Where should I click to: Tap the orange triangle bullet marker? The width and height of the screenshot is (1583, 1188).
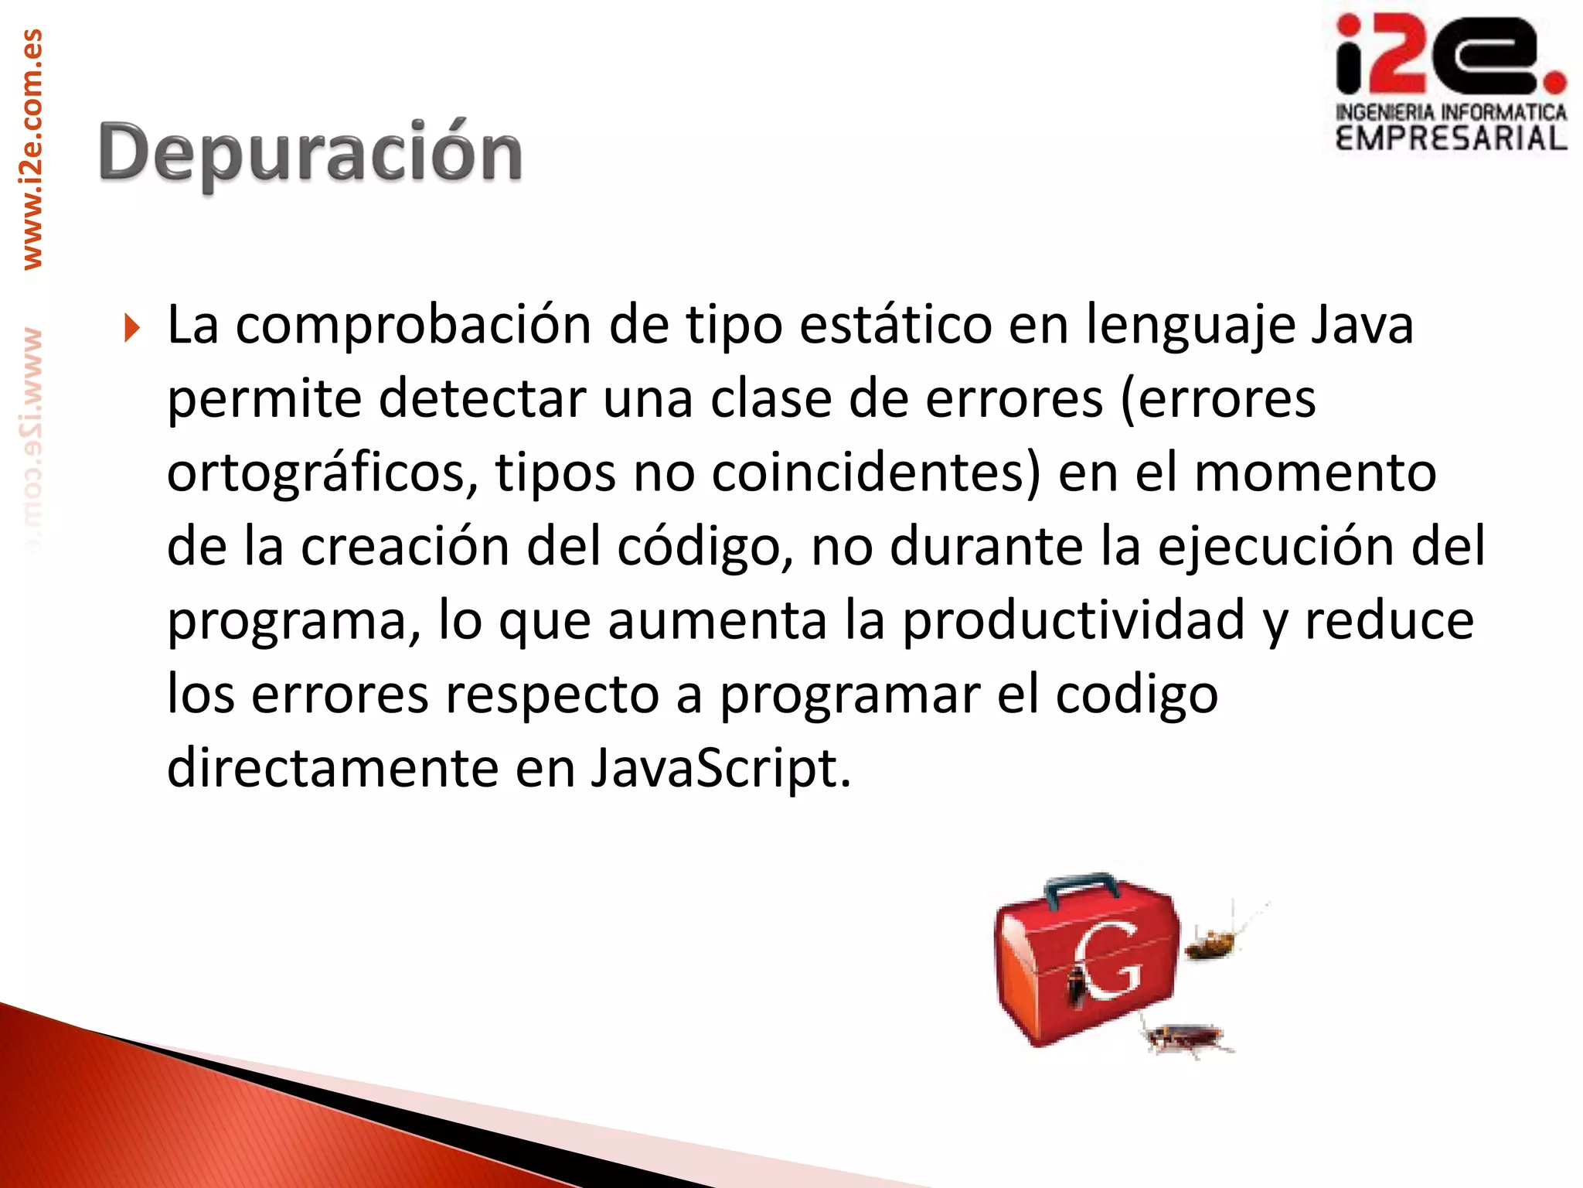pyautogui.click(x=132, y=328)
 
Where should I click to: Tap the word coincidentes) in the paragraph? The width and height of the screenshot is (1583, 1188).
pyautogui.click(x=876, y=472)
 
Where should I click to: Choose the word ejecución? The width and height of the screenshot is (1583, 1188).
pyautogui.click(x=1275, y=546)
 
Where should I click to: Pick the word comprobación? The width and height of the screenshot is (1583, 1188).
pyautogui.click(x=413, y=325)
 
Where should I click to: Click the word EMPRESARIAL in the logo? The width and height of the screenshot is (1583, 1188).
pyautogui.click(x=1451, y=139)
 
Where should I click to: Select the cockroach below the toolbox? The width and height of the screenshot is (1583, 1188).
pyautogui.click(x=1183, y=1038)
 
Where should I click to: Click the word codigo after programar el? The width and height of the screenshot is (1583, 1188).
pyautogui.click(x=1136, y=695)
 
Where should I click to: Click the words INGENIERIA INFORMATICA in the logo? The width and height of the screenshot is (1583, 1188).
pyautogui.click(x=1451, y=113)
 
